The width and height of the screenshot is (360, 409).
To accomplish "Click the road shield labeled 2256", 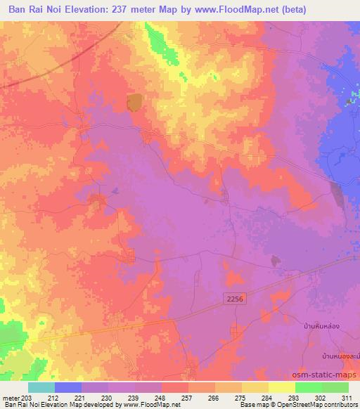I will pos(237,300).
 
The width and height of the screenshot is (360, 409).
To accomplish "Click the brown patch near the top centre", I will pos(134,103).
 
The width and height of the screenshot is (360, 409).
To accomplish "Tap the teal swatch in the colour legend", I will pos(41,387).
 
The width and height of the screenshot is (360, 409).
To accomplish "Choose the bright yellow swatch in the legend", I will pos(281,387).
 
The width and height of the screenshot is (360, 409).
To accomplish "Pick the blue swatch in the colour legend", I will pos(68,387).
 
